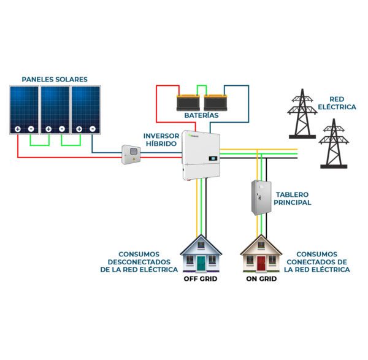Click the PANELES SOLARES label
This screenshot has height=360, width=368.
pyautogui.click(x=55, y=79)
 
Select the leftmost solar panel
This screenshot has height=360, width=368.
pyautogui.click(x=24, y=110)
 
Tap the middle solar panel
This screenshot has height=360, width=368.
pyautogui.click(x=55, y=110)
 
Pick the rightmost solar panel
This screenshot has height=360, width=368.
pyautogui.click(x=86, y=110)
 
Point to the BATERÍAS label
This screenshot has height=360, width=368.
pyautogui.click(x=201, y=115)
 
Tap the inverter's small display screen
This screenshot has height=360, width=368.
pyautogui.click(x=212, y=158)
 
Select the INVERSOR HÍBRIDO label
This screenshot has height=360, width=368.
pyautogui.click(x=161, y=139)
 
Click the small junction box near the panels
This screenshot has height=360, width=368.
pyautogui.click(x=130, y=155)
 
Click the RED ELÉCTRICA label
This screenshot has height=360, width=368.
pyautogui.click(x=342, y=102)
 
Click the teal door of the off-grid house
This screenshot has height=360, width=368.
pyautogui.click(x=200, y=263)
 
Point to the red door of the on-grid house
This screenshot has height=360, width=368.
pyautogui.click(x=261, y=263)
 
